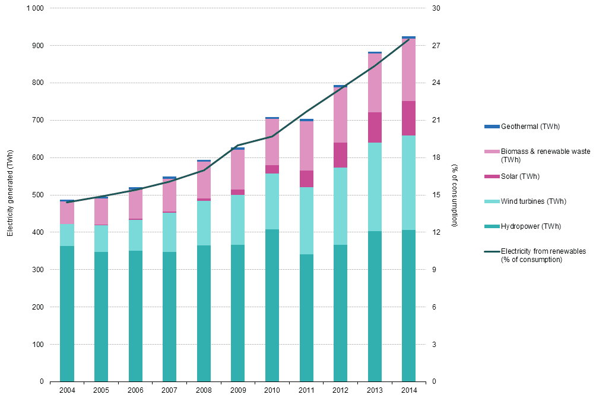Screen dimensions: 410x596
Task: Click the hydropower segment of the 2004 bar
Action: [67, 313]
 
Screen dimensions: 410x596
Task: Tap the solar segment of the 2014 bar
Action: [408, 118]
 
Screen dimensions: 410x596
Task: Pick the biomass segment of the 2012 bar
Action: [340, 115]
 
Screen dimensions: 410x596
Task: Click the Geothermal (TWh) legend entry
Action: [530, 127]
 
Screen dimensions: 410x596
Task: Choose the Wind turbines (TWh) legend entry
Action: [533, 201]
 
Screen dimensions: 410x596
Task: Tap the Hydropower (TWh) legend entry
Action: [530, 226]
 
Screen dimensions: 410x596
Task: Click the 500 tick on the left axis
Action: [38, 195]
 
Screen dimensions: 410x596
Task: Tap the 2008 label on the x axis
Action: [204, 390]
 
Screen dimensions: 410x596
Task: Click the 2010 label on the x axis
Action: [272, 390]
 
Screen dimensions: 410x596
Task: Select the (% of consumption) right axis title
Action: [454, 195]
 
